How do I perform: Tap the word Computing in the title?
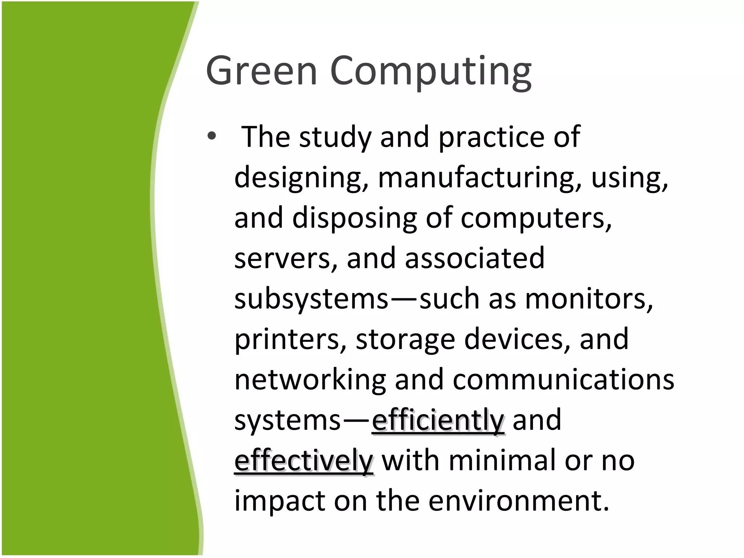tap(430, 72)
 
